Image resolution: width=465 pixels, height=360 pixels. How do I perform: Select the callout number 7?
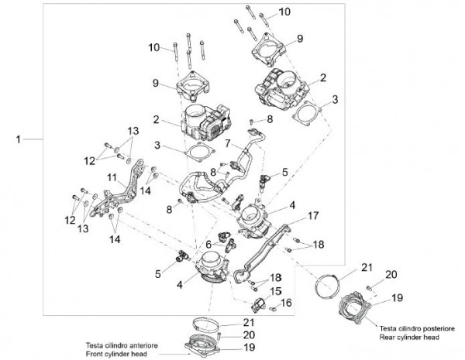click(229, 144)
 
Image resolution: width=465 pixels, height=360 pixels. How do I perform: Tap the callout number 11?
click(112, 177)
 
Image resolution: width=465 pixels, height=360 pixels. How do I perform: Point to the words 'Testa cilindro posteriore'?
click(414, 329)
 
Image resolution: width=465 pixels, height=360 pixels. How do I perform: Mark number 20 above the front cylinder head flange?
click(248, 334)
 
